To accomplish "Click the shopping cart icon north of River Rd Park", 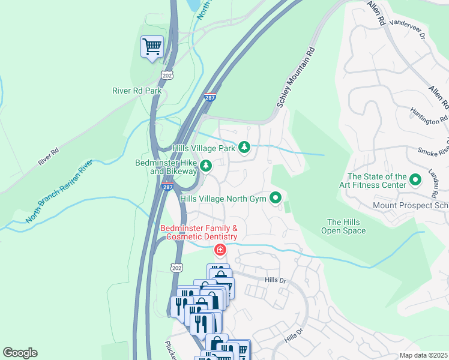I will [x=152, y=46].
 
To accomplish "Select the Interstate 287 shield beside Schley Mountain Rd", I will [x=209, y=97].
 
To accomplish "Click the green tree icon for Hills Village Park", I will [x=244, y=147].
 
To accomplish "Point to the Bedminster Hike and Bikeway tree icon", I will [x=206, y=166].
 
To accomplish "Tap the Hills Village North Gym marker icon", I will [x=276, y=197].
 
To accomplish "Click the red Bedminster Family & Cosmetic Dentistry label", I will [x=199, y=232].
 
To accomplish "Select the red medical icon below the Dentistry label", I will [x=220, y=249].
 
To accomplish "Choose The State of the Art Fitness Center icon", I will [x=414, y=179].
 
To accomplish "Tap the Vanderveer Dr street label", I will [x=407, y=29].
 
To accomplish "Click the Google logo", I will [x=20, y=353].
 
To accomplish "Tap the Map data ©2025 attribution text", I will [x=423, y=355].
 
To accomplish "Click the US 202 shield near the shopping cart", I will [x=167, y=74].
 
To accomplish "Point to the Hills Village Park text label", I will [x=203, y=148].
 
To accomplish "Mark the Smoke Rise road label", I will [x=429, y=153].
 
